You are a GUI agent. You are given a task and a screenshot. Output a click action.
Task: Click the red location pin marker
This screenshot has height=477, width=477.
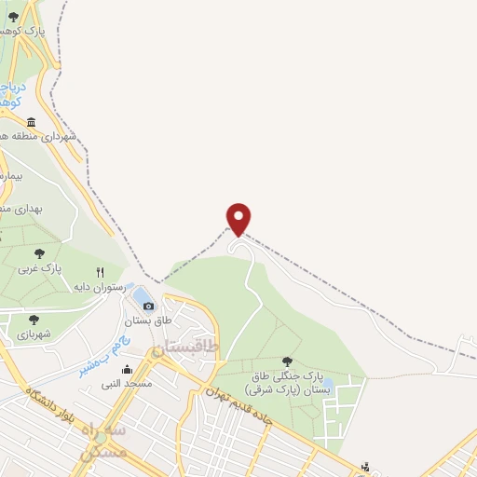pos(239,218)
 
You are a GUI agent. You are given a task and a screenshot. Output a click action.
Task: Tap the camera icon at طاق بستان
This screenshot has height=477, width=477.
pos(149,306)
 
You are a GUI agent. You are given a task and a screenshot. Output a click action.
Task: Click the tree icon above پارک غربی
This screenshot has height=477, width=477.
pos(39,252)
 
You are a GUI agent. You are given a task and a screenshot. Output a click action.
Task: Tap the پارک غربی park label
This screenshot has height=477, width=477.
pos(40,268)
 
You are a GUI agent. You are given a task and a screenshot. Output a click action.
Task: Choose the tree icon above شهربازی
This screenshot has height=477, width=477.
pos(34,319)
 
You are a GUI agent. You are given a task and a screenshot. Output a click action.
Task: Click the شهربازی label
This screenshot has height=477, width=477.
pos(33,334)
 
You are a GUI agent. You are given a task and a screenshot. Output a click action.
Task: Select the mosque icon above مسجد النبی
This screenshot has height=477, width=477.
pos(127,370)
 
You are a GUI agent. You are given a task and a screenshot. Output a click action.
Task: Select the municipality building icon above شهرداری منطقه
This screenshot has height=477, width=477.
pos(32,122)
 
